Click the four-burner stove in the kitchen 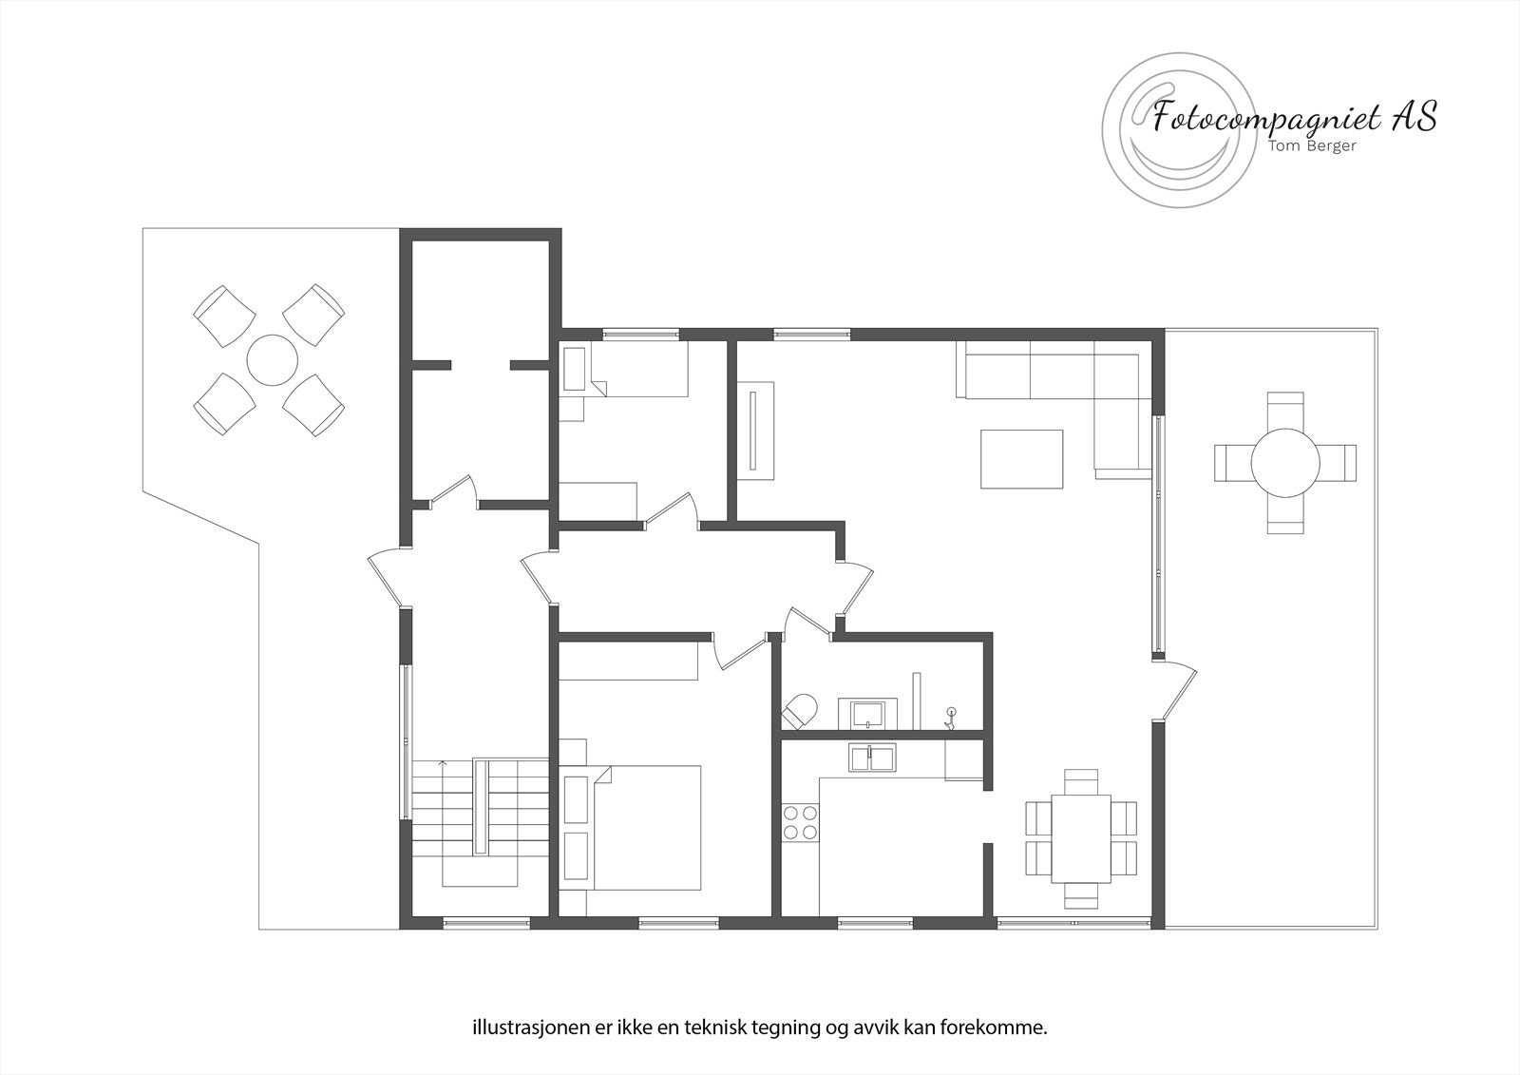point(800,822)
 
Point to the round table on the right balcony point(1284,463)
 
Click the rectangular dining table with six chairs point(1081,838)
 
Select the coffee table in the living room point(1021,459)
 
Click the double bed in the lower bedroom point(646,827)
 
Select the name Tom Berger point(1312,146)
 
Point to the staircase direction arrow point(442,765)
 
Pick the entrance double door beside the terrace point(389,578)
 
